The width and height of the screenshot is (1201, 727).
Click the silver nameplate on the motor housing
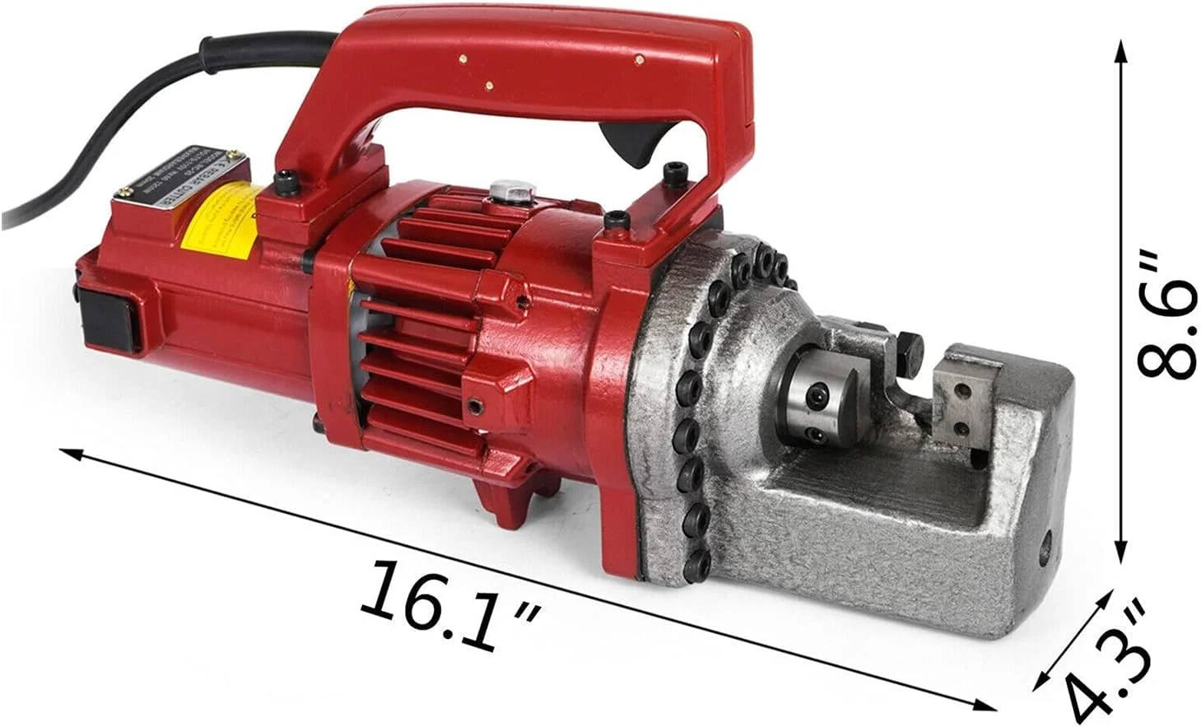pos(178,180)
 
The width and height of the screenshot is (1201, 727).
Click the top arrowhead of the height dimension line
pos(1120,51)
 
